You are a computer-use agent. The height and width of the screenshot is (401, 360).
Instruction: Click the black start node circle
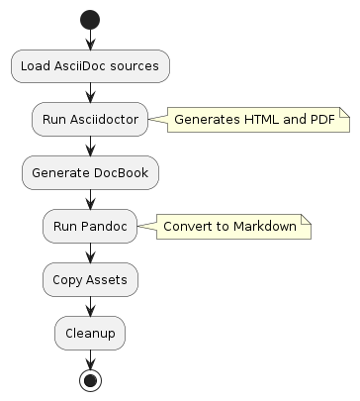point(90,21)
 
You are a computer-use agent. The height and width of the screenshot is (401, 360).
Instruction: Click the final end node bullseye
point(90,380)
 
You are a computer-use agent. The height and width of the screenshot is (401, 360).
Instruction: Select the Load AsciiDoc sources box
point(90,66)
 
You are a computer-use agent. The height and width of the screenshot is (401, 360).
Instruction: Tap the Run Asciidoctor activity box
point(90,120)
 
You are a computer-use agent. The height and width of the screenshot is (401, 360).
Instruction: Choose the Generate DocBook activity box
point(90,173)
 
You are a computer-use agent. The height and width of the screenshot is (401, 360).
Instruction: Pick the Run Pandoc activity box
point(90,227)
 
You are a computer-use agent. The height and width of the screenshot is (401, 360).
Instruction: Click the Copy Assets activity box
point(90,280)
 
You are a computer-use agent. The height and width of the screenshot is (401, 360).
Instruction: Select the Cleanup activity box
point(90,334)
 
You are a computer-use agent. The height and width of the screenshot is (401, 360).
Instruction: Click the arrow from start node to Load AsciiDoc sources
point(90,40)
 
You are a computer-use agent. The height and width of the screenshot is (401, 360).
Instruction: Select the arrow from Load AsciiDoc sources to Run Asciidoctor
point(90,93)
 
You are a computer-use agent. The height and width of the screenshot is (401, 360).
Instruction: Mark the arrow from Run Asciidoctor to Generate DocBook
point(90,147)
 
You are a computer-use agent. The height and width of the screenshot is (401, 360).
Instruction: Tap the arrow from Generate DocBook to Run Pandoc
point(90,200)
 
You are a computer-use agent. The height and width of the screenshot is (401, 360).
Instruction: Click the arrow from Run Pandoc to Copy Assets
point(90,253)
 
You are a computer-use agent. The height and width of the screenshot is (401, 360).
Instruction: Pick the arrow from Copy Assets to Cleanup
point(90,307)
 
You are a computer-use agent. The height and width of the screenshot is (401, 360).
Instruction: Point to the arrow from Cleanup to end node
point(90,359)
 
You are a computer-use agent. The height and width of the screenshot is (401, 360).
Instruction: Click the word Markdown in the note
point(264,227)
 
